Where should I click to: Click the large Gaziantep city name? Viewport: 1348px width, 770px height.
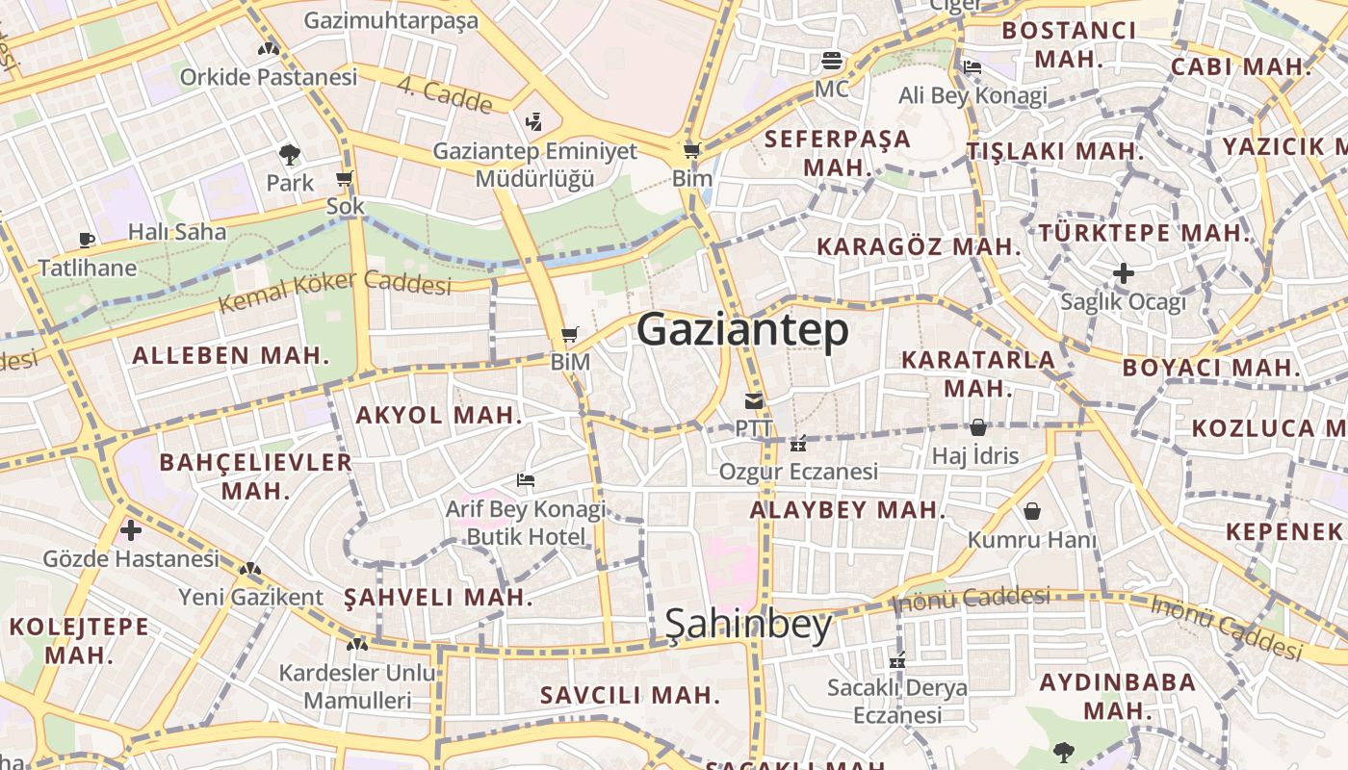point(742,330)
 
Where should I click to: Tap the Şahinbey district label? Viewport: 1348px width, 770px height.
point(748,626)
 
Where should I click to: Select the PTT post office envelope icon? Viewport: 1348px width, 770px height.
point(753,401)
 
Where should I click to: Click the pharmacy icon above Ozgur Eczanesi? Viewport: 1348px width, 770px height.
point(797,444)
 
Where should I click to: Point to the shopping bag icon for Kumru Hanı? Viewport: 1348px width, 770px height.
point(1032,511)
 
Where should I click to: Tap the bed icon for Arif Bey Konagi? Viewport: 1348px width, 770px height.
point(526,479)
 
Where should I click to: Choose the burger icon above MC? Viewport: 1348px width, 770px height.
point(832,62)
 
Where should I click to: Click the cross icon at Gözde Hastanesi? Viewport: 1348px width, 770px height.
point(131,529)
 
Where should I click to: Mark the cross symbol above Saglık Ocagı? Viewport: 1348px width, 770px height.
point(1123,273)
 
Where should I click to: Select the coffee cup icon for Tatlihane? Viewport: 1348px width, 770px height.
point(87,240)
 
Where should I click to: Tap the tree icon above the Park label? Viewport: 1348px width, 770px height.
point(289,154)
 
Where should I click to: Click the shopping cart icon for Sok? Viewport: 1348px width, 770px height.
point(345,179)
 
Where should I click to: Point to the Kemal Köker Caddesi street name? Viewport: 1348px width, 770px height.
point(335,290)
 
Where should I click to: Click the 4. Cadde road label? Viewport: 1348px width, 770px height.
point(445,96)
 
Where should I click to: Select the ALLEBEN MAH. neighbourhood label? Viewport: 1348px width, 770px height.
point(231,355)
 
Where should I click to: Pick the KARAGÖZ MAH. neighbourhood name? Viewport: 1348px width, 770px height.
point(918,246)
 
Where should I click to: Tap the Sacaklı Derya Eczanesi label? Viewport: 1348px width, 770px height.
point(897,702)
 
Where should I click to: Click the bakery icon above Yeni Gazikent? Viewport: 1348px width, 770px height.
point(250,570)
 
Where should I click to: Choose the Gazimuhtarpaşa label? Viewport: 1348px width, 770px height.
point(391,21)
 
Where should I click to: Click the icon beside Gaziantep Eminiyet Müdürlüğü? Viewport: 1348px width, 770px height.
point(534,122)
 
